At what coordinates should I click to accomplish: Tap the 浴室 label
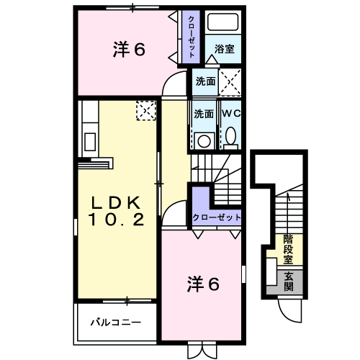224,50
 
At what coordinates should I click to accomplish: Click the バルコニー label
115,322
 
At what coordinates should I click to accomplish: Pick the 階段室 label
288,249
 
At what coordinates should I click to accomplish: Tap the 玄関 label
288,281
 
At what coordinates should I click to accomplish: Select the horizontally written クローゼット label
216,217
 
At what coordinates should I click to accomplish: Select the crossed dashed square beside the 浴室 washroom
230,81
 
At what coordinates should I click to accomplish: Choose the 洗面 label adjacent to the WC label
204,113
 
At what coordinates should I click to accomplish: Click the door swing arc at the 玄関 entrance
291,310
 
